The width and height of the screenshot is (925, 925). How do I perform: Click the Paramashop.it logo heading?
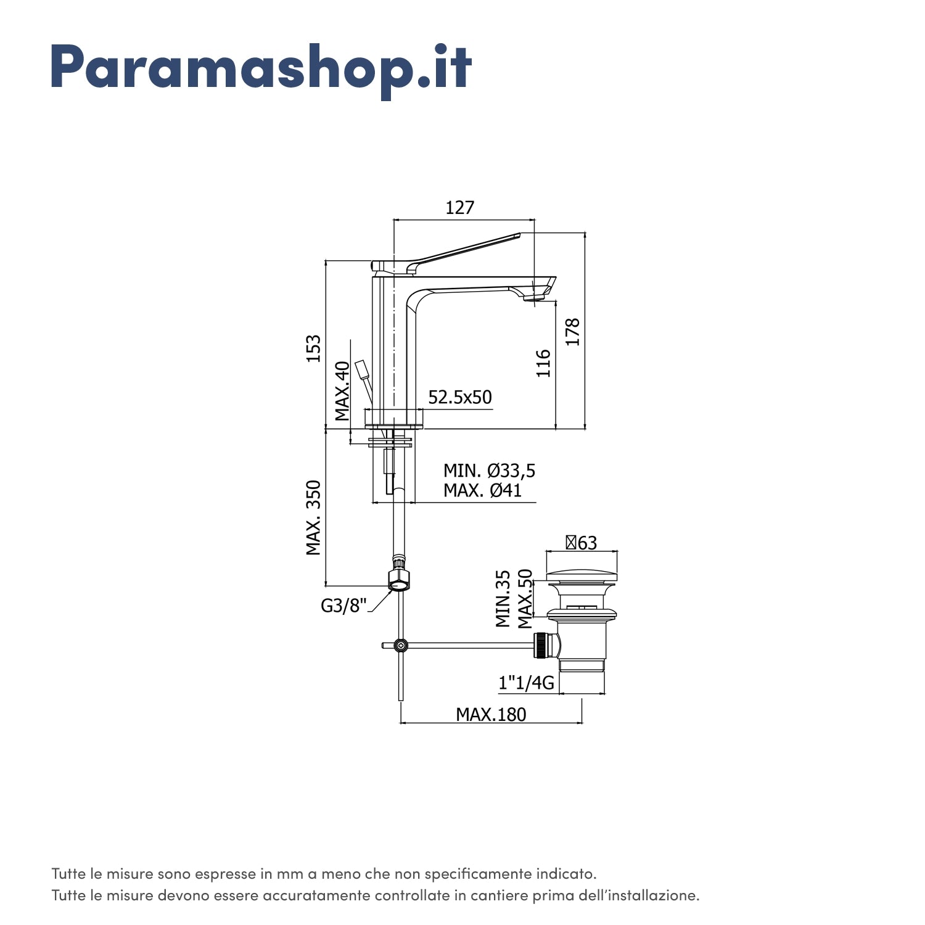[261, 68]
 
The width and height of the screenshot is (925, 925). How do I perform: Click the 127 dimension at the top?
[460, 208]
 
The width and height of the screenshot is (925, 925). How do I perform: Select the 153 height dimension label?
[314, 348]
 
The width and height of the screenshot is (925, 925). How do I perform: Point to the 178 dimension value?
[573, 332]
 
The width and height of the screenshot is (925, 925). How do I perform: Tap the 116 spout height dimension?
[543, 363]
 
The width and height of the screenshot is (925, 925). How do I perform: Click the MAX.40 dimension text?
[342, 391]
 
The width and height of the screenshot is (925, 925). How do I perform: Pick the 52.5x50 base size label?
[460, 398]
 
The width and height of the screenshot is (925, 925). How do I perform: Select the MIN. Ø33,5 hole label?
[489, 471]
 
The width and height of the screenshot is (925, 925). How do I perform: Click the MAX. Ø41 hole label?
[482, 491]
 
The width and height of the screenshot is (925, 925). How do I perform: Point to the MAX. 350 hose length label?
[314, 518]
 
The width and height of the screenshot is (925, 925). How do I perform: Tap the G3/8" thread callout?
[343, 606]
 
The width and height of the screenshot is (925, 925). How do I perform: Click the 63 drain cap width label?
[582, 543]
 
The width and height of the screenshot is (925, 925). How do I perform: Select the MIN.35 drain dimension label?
[503, 599]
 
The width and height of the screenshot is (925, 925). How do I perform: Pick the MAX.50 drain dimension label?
[525, 599]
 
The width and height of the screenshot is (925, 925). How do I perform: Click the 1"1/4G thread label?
[526, 683]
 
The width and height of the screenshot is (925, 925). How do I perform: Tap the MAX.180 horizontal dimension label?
[491, 714]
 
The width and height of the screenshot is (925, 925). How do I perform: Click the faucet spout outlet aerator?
[535, 299]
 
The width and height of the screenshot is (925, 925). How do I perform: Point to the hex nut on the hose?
[400, 580]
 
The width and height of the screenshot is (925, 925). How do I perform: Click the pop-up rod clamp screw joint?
[401, 646]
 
